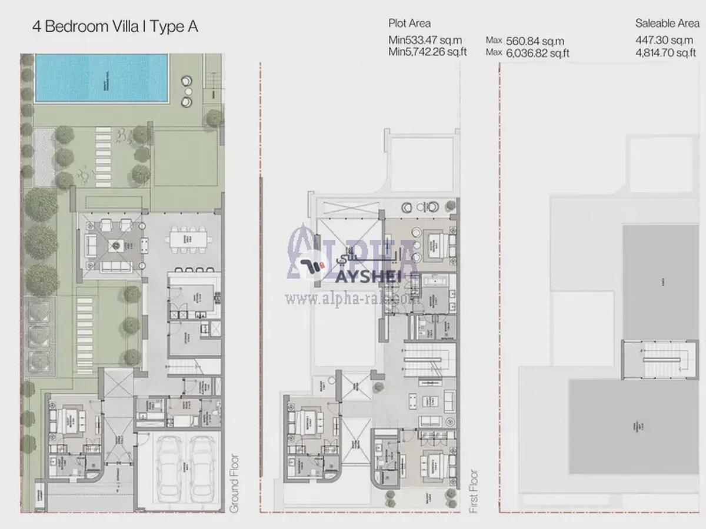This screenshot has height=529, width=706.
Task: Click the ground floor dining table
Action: coord(188,239)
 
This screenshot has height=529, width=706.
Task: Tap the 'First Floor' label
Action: coord(474,491)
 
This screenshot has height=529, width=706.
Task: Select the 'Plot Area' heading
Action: coord(409,24)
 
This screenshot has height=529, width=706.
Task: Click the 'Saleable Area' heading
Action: coord(667,24)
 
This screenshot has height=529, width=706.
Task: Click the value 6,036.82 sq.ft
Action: coord(537,53)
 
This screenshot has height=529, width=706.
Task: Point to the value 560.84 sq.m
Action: coord(535,41)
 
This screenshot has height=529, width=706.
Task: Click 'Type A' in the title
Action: coord(178,27)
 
